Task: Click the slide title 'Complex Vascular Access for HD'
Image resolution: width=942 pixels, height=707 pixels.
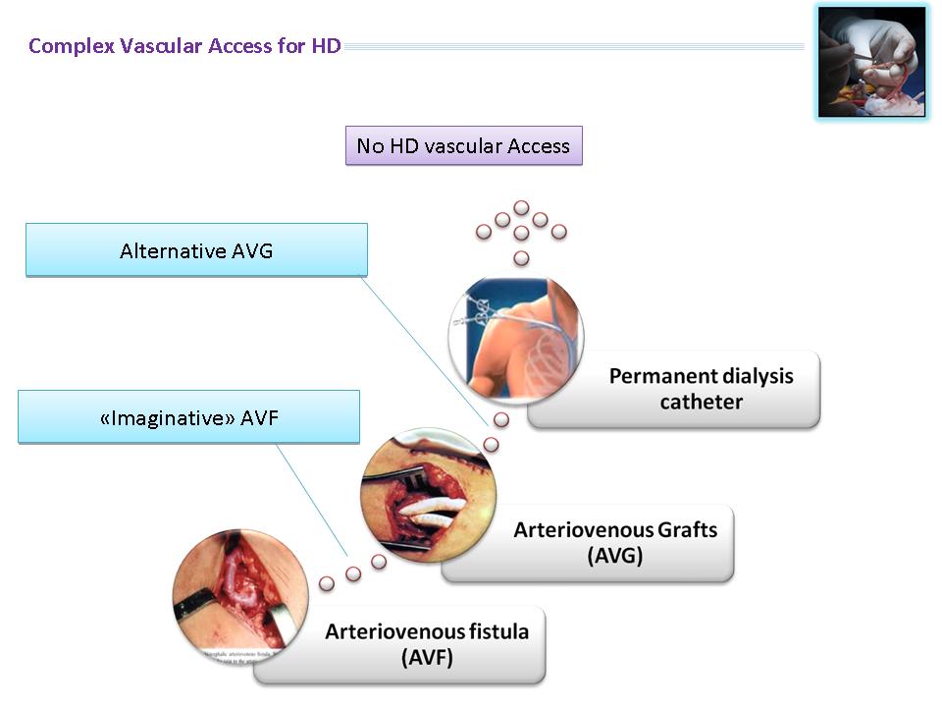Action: pyautogui.click(x=184, y=46)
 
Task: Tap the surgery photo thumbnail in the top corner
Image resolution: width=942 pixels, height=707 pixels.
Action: pyautogui.click(x=871, y=61)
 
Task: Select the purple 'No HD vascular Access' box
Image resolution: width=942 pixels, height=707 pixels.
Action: pyautogui.click(x=463, y=145)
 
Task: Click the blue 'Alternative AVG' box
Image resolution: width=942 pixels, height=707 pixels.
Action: pyautogui.click(x=196, y=250)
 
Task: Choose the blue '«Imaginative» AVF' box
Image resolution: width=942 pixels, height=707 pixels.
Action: pyautogui.click(x=188, y=417)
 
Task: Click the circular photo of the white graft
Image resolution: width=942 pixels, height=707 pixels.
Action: pyautogui.click(x=429, y=494)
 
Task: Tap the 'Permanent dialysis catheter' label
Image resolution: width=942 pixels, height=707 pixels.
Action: pyautogui.click(x=701, y=389)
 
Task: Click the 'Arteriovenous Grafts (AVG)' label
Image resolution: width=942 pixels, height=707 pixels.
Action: pyautogui.click(x=614, y=543)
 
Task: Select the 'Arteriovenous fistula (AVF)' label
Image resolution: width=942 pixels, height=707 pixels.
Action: pyautogui.click(x=427, y=644)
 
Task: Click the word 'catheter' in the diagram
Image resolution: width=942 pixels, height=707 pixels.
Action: pyautogui.click(x=701, y=402)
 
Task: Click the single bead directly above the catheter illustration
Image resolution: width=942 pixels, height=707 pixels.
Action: pyautogui.click(x=521, y=258)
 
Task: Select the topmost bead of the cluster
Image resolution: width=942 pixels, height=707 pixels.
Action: pyautogui.click(x=521, y=208)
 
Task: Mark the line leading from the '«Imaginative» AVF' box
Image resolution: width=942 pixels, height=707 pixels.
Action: pyautogui.click(x=312, y=500)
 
